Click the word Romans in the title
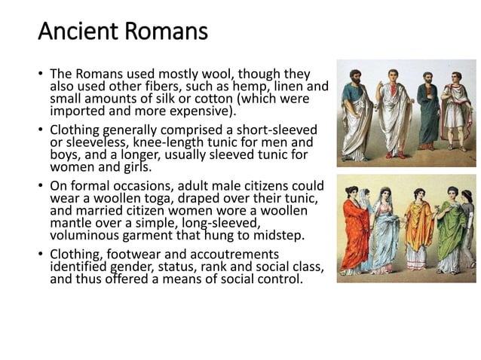tap(164, 33)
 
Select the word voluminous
tap(84, 235)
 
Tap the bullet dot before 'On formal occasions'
tap(42, 186)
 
